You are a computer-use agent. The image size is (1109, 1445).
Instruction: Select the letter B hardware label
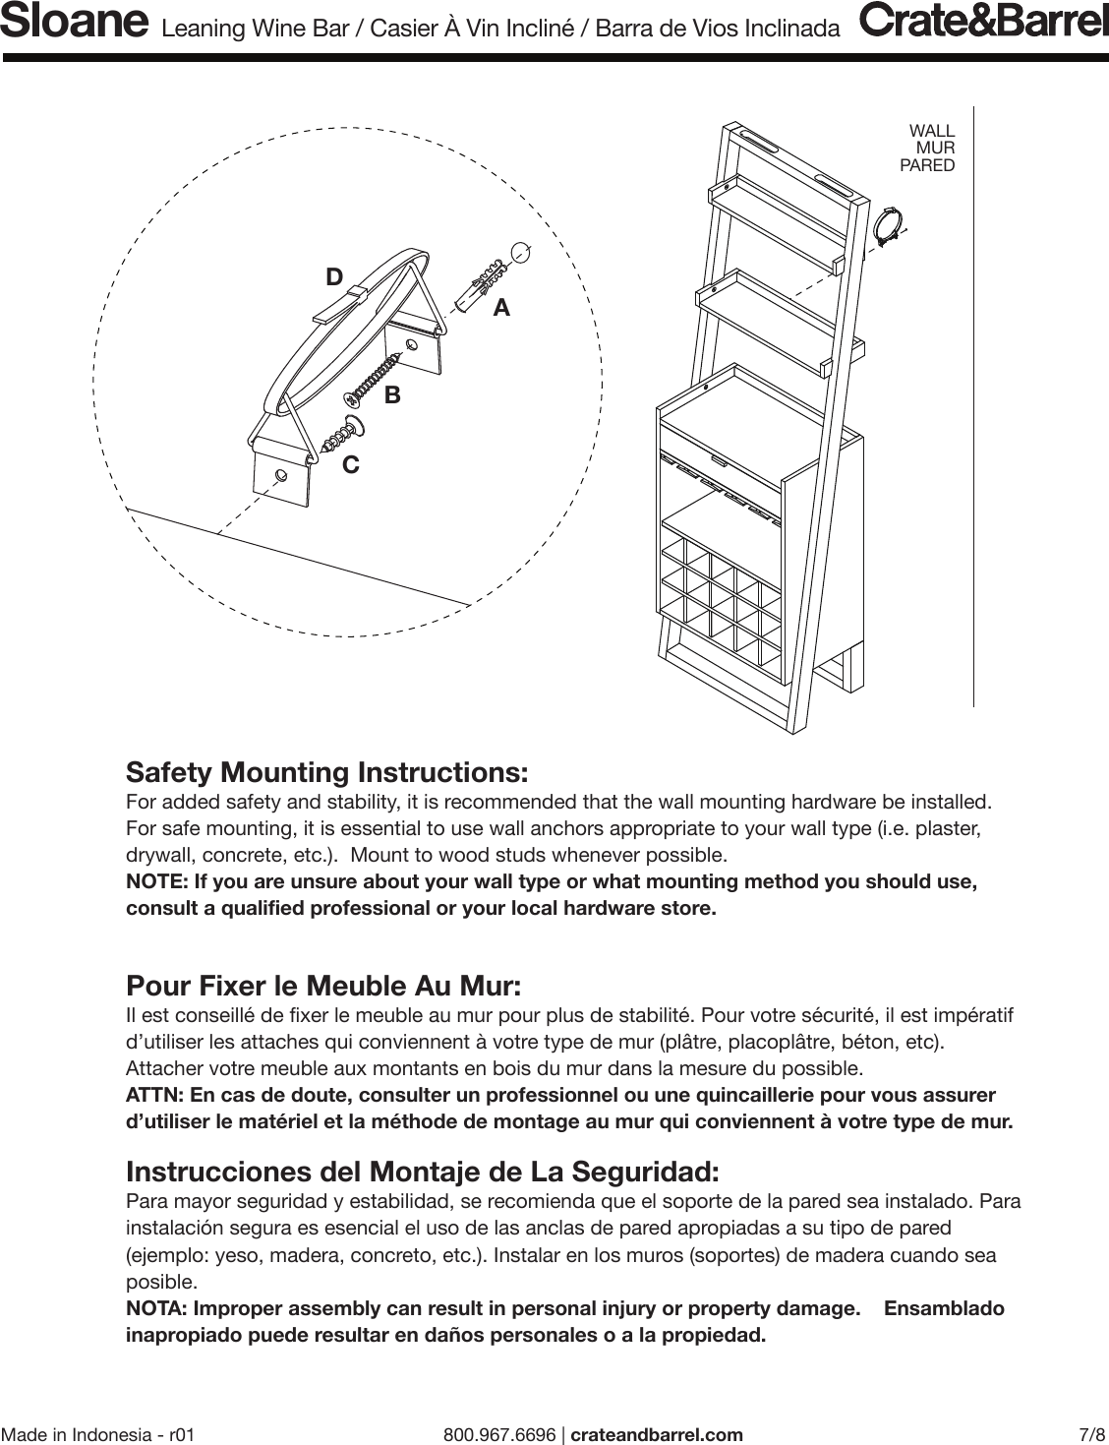point(392,395)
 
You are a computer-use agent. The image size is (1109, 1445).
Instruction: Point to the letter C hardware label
point(350,464)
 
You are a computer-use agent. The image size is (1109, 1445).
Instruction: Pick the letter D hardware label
point(334,278)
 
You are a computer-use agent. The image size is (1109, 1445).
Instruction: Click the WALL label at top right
point(931,131)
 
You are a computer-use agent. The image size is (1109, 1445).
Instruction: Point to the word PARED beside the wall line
point(927,166)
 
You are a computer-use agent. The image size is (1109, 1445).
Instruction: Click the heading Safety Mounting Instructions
point(327,771)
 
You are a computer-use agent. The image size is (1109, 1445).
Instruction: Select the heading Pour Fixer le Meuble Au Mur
point(323,986)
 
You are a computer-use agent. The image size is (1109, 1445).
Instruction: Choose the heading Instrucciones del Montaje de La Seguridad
point(423,1173)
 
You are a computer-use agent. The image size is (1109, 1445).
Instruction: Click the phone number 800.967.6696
point(499,1434)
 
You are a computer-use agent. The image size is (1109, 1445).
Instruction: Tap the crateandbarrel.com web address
point(657,1434)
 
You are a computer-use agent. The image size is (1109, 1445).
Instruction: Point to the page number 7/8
point(1091,1434)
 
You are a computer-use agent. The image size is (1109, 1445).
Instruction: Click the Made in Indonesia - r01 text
point(98,1434)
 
